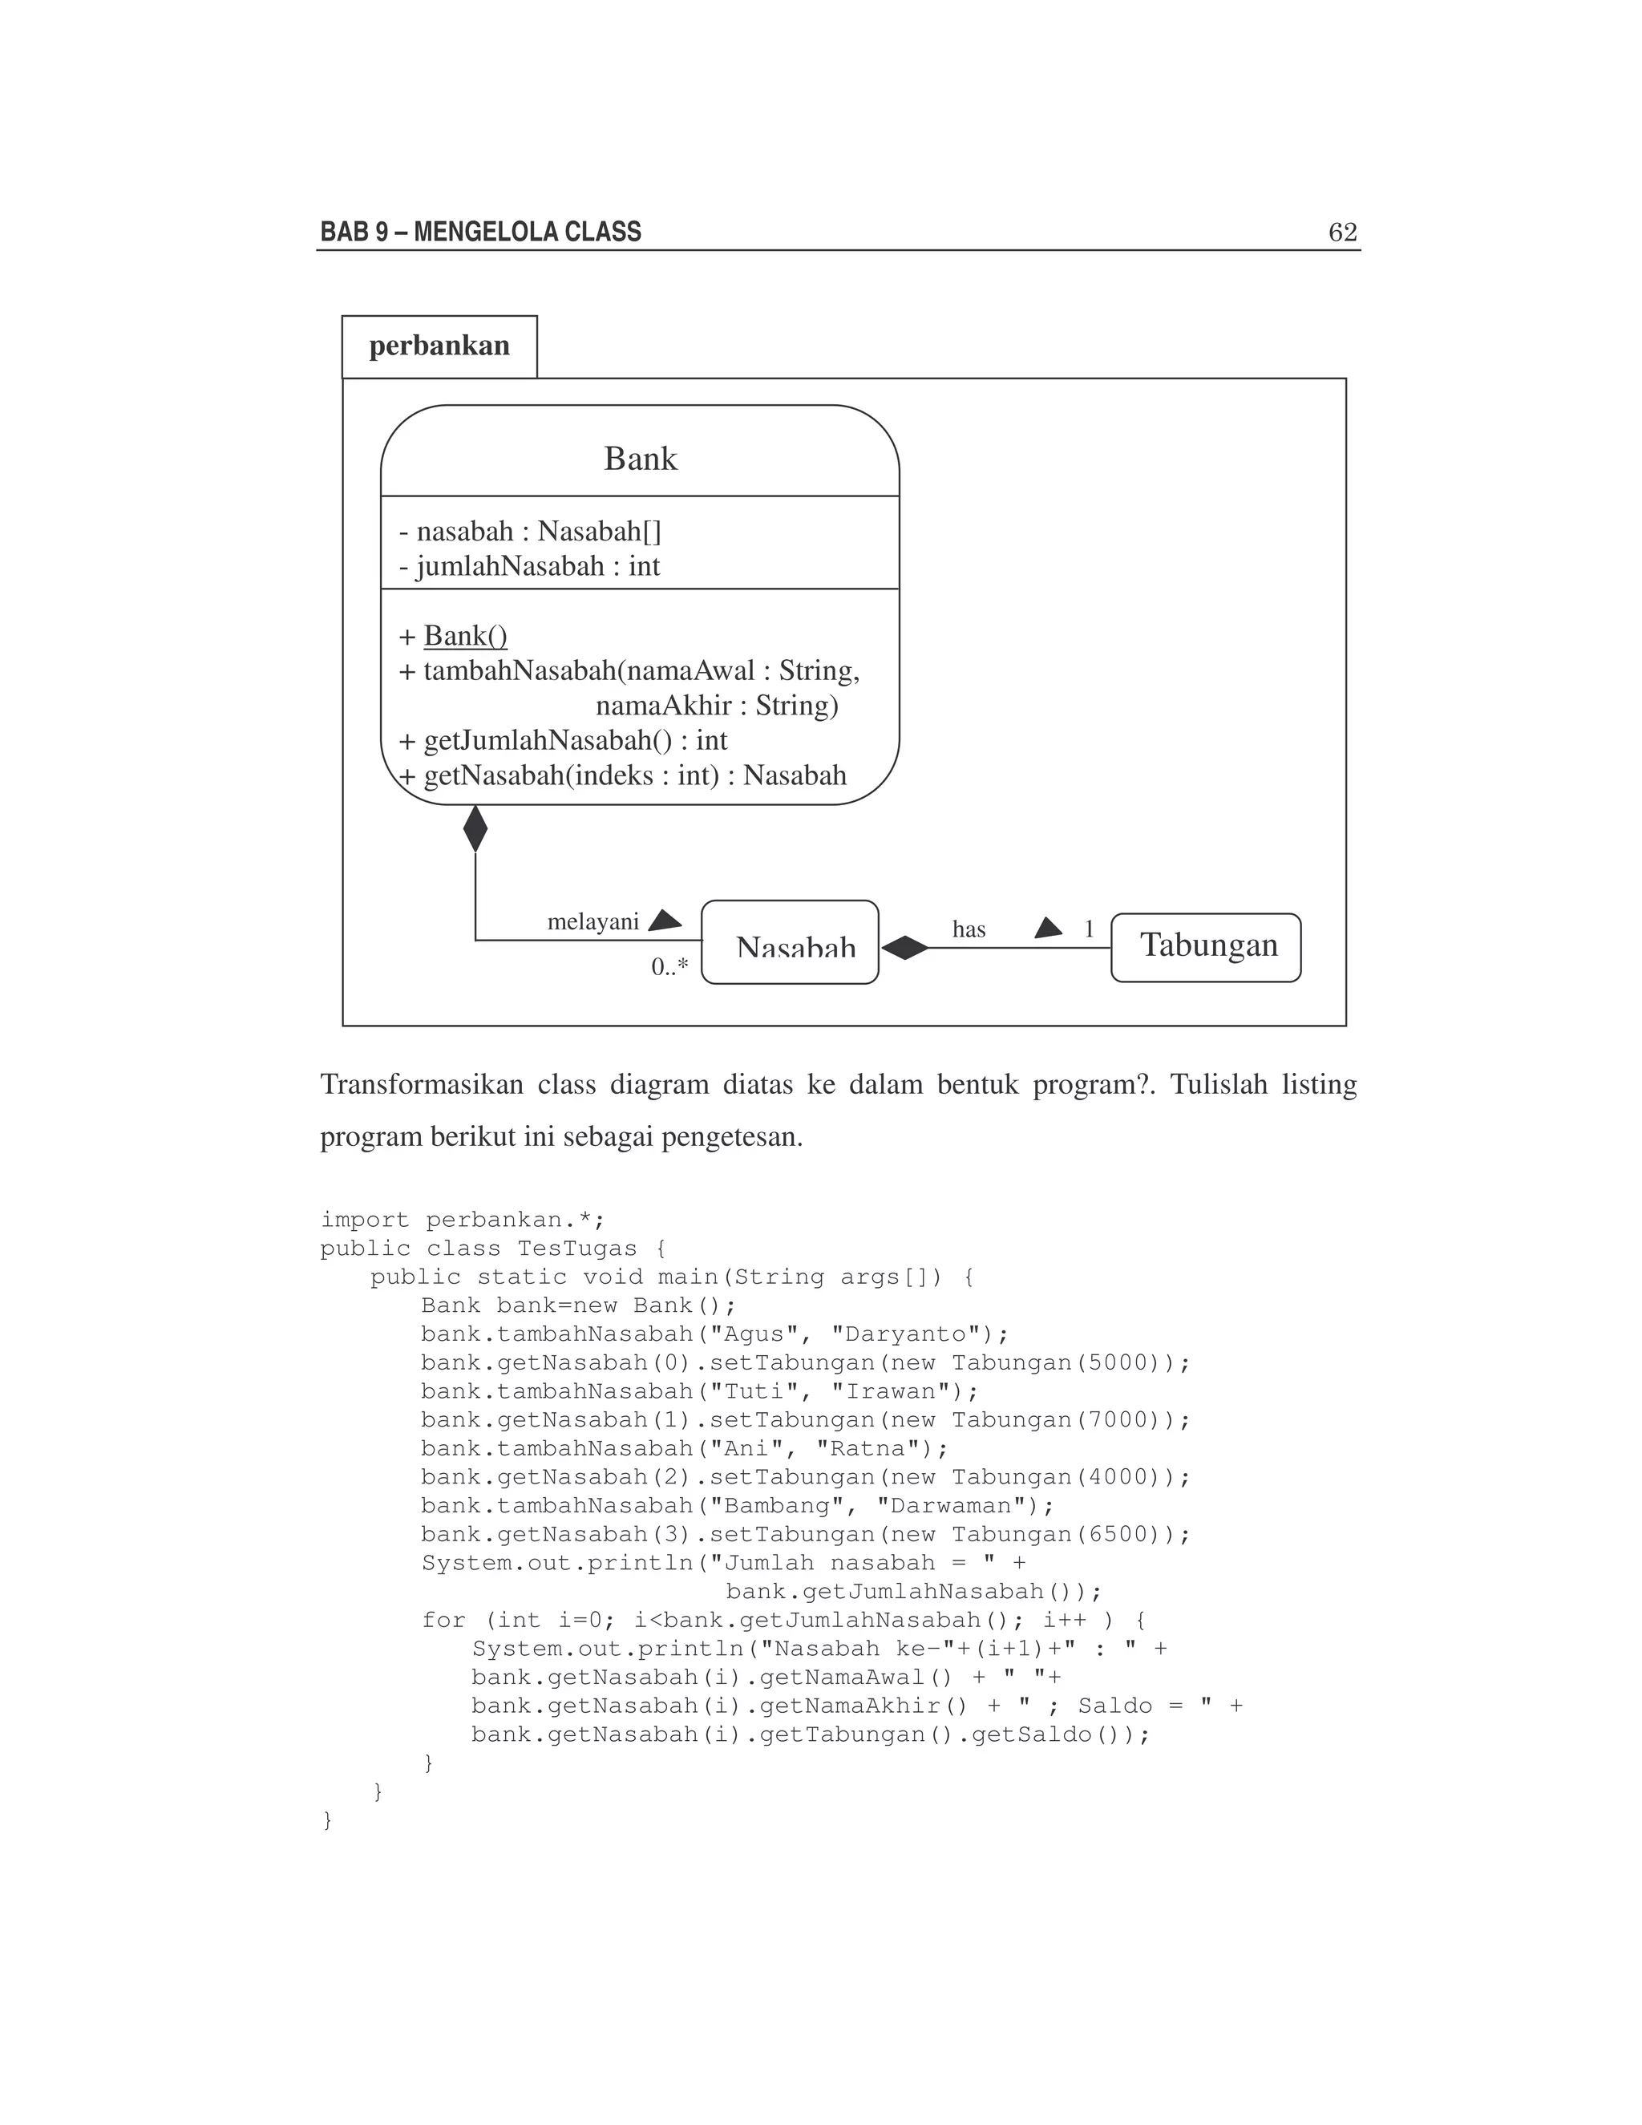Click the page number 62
[x=1342, y=232]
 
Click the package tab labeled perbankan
[x=439, y=346]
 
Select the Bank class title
[x=640, y=458]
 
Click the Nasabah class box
[x=790, y=943]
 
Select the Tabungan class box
[x=1206, y=947]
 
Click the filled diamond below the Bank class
[x=475, y=829]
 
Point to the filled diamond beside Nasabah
[x=904, y=948]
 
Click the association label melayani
[x=592, y=921]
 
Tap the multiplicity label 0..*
[x=669, y=967]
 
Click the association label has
[x=969, y=929]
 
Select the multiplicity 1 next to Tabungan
[x=1090, y=929]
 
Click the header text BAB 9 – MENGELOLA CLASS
[x=480, y=232]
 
